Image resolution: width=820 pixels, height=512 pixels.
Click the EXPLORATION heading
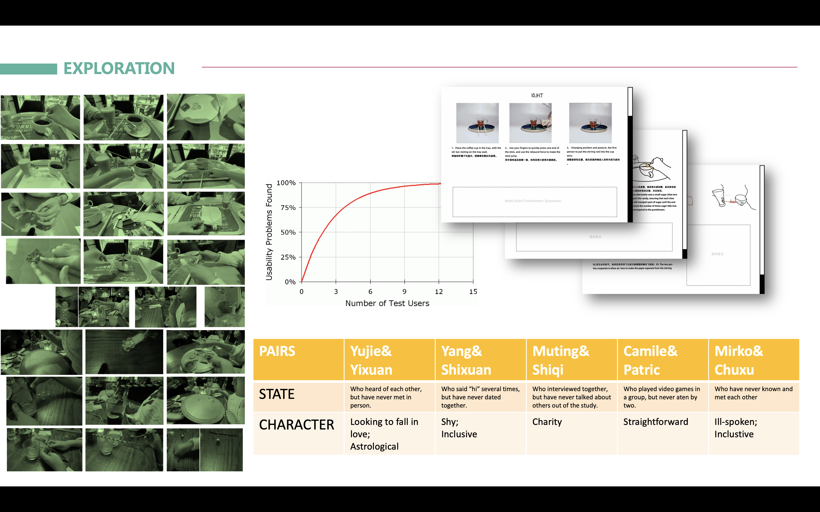(119, 68)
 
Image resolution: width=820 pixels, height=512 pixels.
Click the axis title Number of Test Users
(387, 303)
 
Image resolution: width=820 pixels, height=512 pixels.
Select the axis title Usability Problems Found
(269, 232)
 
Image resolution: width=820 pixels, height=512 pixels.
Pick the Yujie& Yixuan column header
(371, 360)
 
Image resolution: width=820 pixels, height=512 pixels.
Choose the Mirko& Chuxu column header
(739, 360)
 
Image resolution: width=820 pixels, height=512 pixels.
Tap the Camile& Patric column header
(650, 360)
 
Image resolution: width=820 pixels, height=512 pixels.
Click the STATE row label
(277, 394)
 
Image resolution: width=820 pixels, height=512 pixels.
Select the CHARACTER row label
(297, 425)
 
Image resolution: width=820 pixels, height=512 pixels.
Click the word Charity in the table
(547, 422)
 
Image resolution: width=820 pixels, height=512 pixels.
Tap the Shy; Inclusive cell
(459, 428)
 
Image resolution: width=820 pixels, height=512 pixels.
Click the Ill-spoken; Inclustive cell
(736, 428)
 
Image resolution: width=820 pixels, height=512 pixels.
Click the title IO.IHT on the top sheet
(537, 96)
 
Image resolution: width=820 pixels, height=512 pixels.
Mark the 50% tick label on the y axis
(288, 232)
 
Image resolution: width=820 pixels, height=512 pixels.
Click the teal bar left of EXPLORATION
(28, 69)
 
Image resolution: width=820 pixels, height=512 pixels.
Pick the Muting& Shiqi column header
(561, 360)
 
